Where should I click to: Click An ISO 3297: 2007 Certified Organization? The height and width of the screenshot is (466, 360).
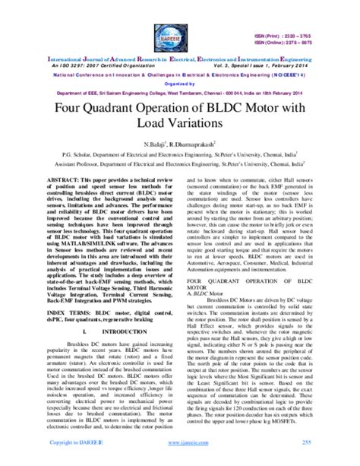pos(93,65)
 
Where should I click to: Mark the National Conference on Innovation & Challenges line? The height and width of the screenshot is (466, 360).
pos(180,75)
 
